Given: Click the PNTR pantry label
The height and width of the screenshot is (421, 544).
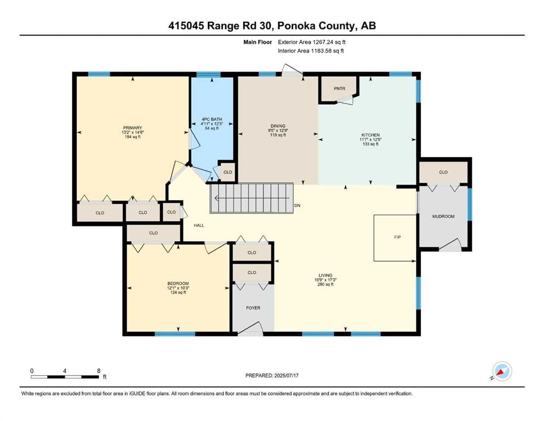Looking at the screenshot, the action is [x=339, y=88].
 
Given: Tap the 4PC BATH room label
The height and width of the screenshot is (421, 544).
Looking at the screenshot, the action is [x=211, y=120].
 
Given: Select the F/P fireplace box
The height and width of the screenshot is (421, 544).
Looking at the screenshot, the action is [x=395, y=238].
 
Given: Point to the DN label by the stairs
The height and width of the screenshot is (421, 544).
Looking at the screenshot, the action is [x=297, y=206].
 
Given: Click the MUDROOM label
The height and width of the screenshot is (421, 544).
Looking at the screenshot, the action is [x=443, y=216].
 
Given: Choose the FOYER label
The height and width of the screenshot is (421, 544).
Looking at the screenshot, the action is [x=253, y=308].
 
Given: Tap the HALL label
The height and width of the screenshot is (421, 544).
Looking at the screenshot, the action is [x=199, y=225].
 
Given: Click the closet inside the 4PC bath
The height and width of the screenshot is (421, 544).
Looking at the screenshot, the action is [x=227, y=172].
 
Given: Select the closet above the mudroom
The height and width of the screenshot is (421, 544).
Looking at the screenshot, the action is [x=443, y=172].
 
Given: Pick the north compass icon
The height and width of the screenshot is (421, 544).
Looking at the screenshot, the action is [x=502, y=371].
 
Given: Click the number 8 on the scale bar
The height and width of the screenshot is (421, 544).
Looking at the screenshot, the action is [x=99, y=371].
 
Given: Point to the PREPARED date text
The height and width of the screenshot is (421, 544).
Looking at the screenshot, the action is [x=272, y=376].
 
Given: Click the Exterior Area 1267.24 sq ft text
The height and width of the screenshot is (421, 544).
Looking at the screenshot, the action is [x=312, y=42].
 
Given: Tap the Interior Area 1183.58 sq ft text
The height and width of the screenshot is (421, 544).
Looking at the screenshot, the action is [x=311, y=50].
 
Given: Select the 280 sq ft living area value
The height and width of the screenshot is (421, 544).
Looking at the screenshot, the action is [x=325, y=285].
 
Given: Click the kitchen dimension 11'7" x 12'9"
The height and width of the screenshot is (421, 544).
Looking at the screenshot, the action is [x=370, y=140].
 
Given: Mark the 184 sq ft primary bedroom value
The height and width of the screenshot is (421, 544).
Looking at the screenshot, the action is [x=133, y=136].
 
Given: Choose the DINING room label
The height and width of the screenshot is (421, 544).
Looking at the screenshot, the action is [x=278, y=126].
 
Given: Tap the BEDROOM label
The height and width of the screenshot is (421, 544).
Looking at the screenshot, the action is [x=178, y=283].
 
